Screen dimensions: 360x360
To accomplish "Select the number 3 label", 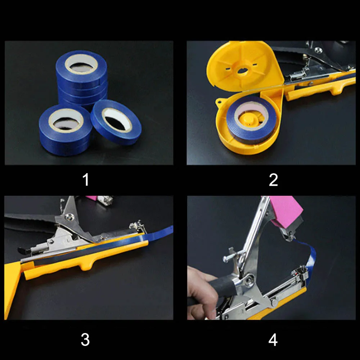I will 85,339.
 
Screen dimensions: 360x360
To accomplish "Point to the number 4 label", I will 273,339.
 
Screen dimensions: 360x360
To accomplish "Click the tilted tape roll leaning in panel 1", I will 116,122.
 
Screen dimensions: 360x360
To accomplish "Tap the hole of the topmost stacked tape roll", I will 81,65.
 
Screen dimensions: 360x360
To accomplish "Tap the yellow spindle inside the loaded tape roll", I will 249,119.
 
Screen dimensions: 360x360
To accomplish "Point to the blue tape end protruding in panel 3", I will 164,230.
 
